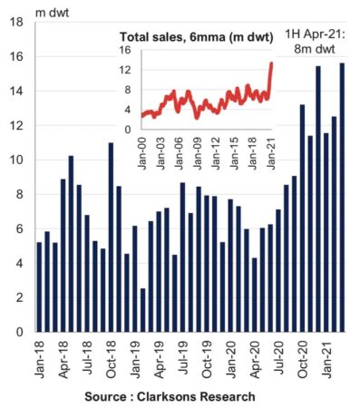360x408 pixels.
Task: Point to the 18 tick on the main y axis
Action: coord(17,22)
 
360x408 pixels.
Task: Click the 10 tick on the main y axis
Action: coord(17,160)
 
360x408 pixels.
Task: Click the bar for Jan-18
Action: coord(39,287)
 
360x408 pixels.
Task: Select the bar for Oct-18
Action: coord(111,237)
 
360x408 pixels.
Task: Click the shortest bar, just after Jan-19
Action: coord(142,309)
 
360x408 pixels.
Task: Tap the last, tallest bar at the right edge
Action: coord(341,197)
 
